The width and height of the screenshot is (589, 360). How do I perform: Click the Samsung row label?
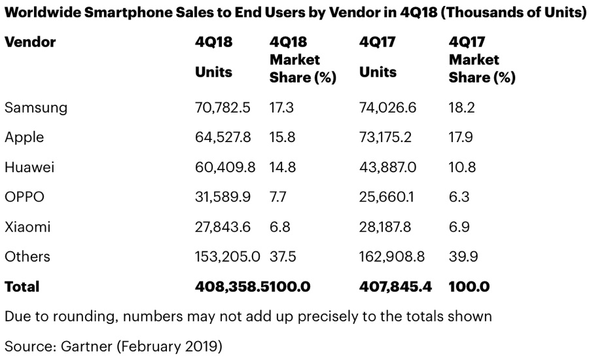coord(36,108)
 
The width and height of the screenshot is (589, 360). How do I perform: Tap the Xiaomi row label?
coord(27,227)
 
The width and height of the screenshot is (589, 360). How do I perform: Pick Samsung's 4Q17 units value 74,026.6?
coord(388,108)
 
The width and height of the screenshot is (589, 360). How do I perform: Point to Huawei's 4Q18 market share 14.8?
coord(283,168)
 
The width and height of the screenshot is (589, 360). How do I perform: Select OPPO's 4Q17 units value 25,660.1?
coord(387,197)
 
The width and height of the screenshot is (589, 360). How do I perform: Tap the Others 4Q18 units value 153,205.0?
coord(228,257)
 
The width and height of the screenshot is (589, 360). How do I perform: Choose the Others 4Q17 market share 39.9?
coord(463,257)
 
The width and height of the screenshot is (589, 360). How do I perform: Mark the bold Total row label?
coord(22,287)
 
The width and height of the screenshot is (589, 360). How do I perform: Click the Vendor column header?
coord(30,43)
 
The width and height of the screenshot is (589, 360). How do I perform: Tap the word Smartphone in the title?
coord(141,13)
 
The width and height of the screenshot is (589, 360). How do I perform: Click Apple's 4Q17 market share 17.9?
coord(461,137)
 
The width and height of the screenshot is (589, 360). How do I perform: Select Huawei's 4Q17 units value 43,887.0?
coord(387,168)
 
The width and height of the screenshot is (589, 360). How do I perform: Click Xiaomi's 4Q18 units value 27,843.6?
coord(223,227)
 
